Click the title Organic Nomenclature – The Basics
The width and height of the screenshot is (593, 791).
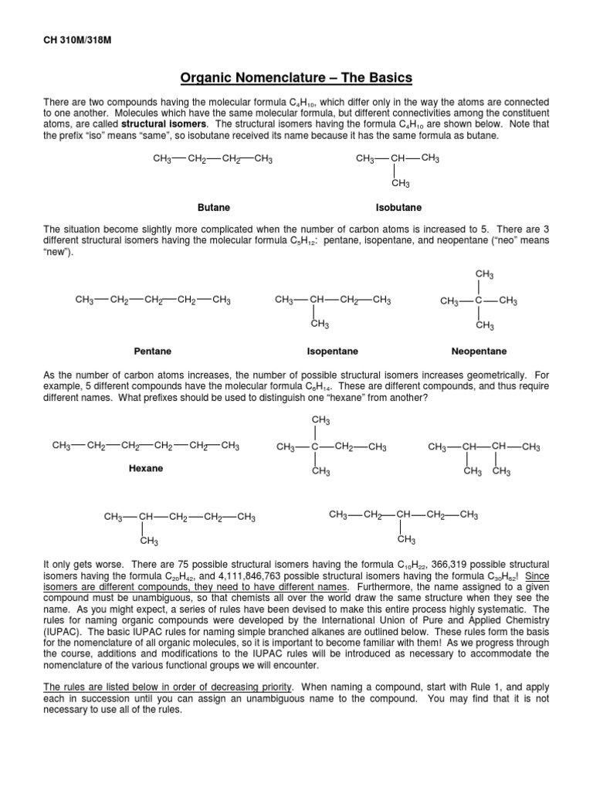coord(296,77)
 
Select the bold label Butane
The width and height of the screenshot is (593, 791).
coord(214,208)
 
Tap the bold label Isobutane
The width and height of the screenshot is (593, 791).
coord(398,208)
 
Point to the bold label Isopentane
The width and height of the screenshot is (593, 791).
coord(333,351)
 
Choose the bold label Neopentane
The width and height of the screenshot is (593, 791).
coord(479,351)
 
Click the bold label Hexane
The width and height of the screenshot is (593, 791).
coord(145,468)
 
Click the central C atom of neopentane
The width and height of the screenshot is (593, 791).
coord(479,300)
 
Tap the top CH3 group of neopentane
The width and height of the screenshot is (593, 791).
coord(484,275)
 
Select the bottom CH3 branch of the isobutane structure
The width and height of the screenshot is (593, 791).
coord(400,184)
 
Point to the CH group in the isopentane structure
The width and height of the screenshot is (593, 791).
coord(317,300)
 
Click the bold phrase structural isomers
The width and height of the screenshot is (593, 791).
coord(163,123)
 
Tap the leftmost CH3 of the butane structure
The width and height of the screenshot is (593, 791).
coord(162,159)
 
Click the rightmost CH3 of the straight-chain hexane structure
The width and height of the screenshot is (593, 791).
coord(230,446)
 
